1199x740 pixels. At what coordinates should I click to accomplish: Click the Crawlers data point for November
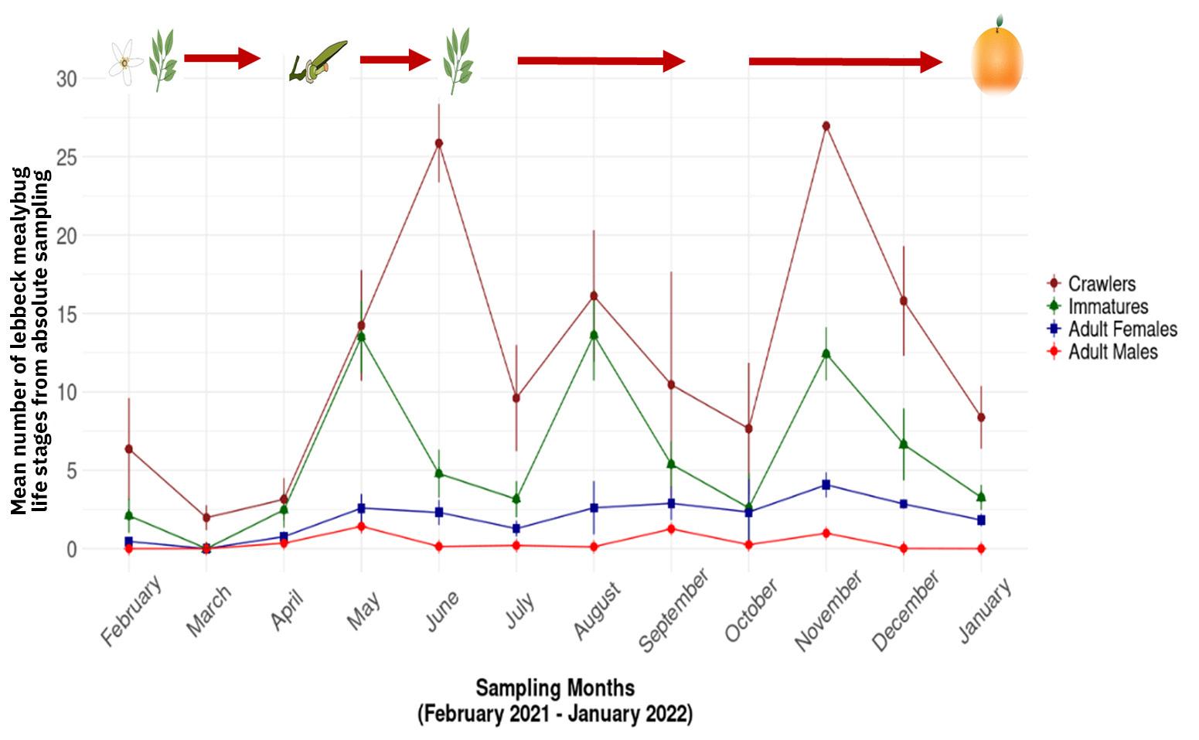826,126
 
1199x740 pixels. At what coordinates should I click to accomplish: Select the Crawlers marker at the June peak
439,143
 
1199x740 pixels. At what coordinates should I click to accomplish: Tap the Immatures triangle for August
594,335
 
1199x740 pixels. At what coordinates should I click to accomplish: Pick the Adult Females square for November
826,485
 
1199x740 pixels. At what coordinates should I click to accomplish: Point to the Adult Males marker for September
671,529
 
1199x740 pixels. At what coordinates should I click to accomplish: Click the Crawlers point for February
129,448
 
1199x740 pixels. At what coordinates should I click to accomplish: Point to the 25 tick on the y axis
67,157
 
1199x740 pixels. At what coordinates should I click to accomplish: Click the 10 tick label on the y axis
67,392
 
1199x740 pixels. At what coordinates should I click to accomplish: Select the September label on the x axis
674,611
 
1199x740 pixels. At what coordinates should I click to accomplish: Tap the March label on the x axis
209,611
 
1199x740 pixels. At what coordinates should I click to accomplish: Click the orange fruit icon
996,60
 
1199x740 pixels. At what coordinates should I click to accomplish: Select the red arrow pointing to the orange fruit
846,62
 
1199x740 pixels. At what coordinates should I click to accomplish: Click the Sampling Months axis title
555,687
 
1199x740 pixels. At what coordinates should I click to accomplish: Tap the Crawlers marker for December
903,301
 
